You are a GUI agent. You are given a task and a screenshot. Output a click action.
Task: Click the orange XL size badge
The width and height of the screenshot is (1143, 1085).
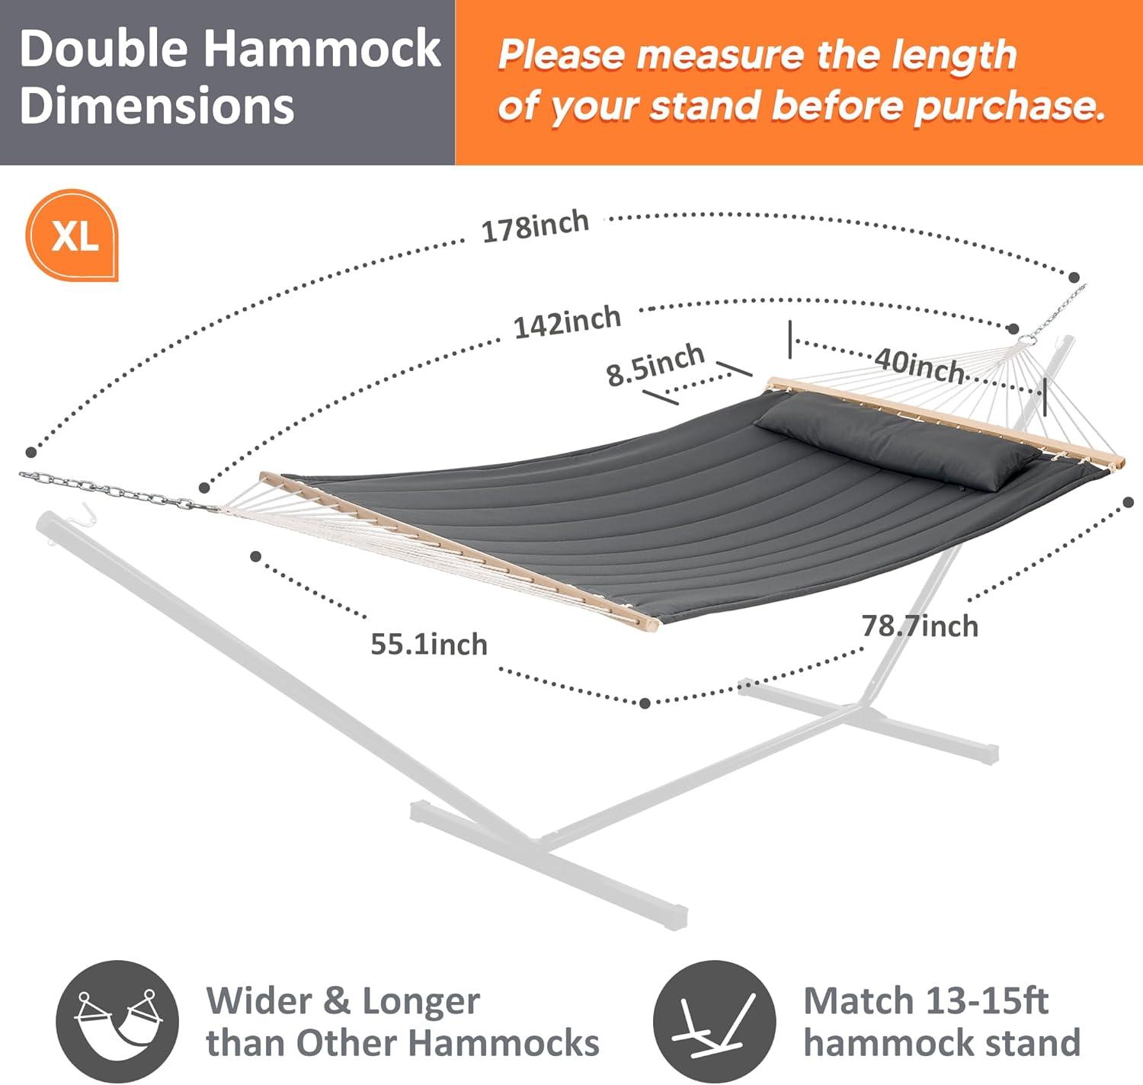click(x=73, y=235)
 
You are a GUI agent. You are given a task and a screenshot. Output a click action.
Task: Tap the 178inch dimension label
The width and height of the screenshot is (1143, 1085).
click(x=535, y=226)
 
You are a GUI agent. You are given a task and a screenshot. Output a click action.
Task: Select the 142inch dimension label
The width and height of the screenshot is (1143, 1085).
click(x=567, y=322)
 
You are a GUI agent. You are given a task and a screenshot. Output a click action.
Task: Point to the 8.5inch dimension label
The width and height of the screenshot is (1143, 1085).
click(x=655, y=364)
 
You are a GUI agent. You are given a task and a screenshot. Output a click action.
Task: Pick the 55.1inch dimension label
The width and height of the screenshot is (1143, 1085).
click(x=428, y=645)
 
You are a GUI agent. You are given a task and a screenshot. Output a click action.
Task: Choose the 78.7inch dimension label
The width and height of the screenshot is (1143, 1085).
click(x=920, y=626)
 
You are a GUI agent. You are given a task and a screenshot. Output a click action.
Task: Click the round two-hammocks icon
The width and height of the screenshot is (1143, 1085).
click(x=117, y=1020)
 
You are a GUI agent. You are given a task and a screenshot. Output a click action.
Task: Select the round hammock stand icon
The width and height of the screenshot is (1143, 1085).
click(x=714, y=1020)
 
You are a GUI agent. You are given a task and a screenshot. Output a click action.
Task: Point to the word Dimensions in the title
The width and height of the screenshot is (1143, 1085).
click(x=157, y=105)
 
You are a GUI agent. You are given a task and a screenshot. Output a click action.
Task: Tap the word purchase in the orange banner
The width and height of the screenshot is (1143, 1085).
click(x=1009, y=105)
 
